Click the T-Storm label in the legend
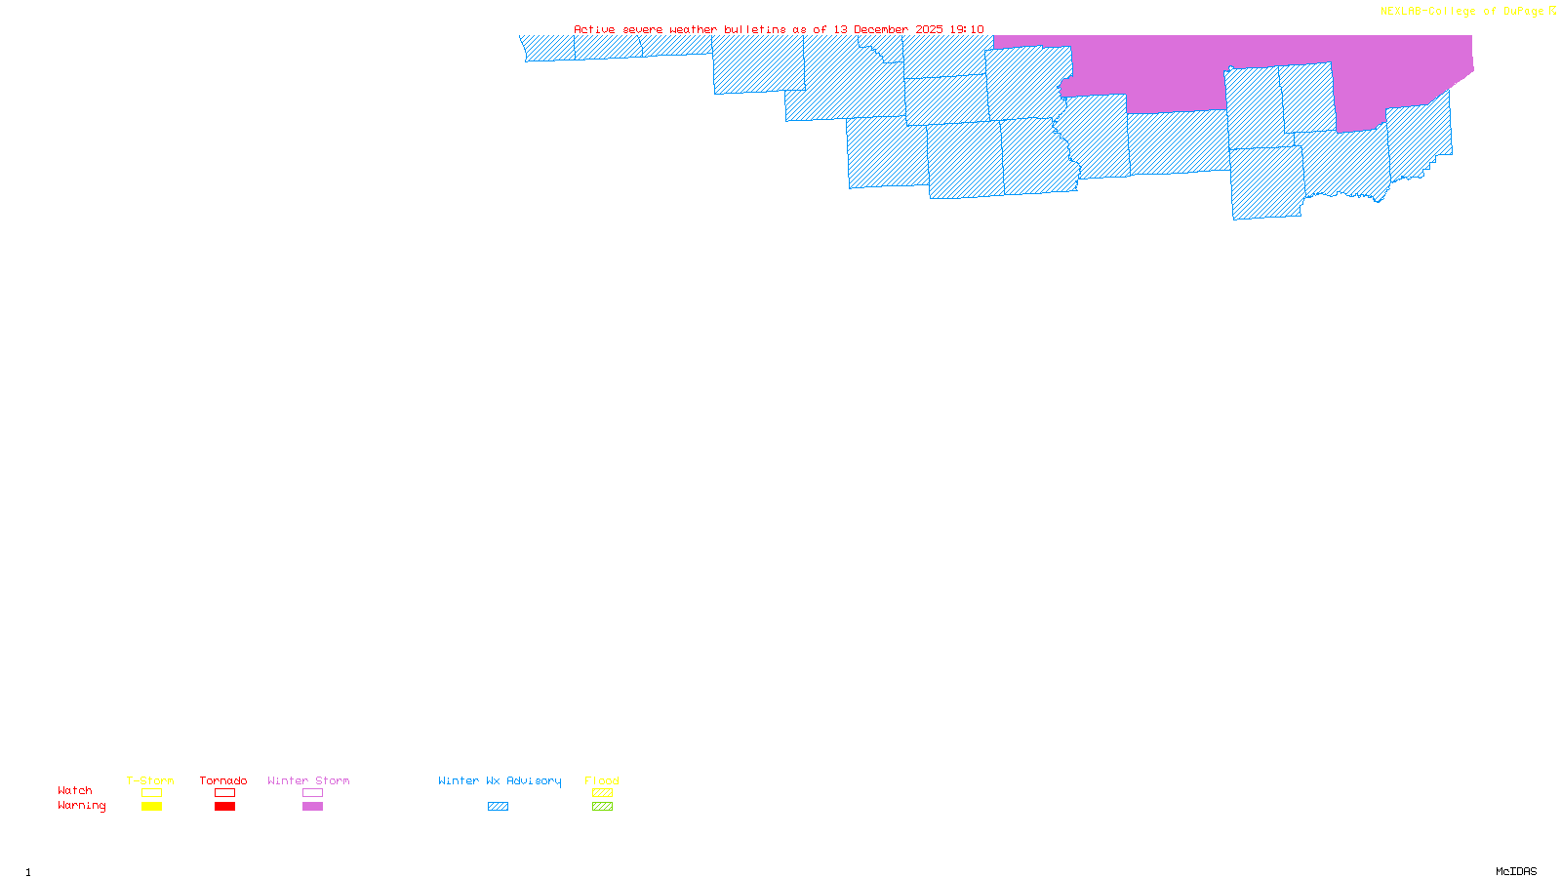tap(150, 780)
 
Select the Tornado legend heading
tap(223, 780)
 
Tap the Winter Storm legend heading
tap(308, 780)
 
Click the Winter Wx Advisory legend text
tap(500, 780)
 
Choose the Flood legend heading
tap(602, 780)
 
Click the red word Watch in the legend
tap(75, 790)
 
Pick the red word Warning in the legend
tap(82, 806)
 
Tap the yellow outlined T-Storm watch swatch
tap(151, 793)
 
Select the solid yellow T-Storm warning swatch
tap(151, 807)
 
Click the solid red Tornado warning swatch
tap(225, 807)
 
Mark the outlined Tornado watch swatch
tap(225, 793)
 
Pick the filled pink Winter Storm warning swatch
tap(312, 807)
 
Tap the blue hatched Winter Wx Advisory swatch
tap(498, 807)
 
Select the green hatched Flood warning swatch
tap(603, 807)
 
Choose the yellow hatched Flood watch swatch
tap(603, 793)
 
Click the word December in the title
tap(881, 29)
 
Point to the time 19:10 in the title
tap(967, 29)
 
